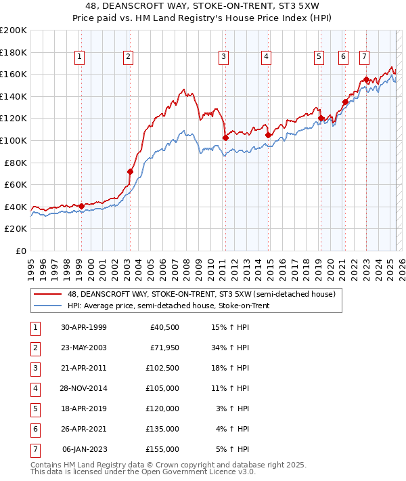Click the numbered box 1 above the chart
pos(81,57)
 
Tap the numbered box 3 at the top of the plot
pos(223,57)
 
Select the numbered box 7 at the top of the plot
pos(364,57)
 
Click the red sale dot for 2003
pos(130,171)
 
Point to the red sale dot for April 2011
pos(225,138)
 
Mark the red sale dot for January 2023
pos(366,79)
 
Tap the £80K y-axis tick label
pos(16,163)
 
